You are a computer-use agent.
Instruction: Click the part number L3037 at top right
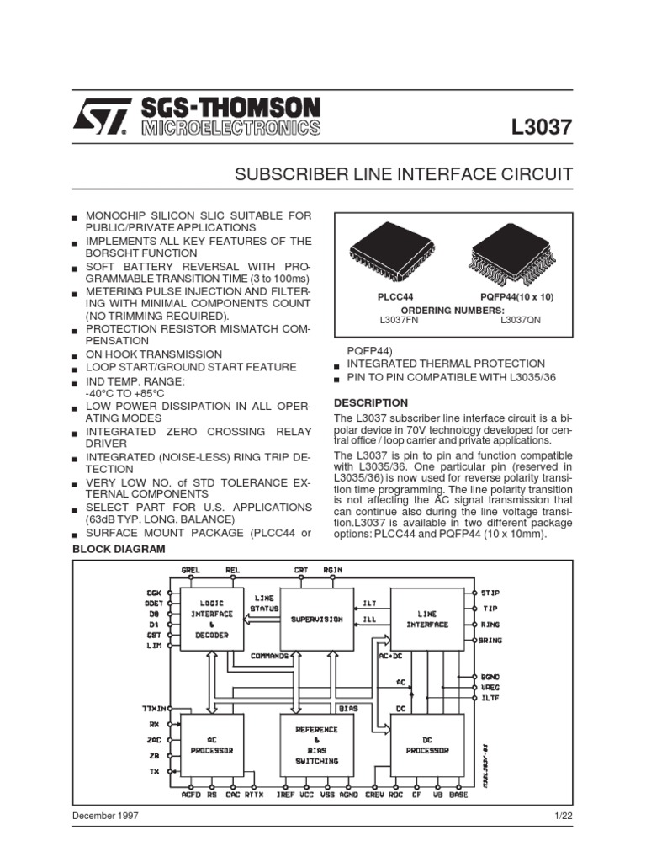(542, 128)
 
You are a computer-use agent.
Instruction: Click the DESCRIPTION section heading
(371, 402)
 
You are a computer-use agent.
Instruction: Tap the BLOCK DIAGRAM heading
(119, 549)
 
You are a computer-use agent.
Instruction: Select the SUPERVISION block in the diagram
(317, 620)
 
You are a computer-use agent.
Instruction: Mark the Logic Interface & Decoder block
(212, 620)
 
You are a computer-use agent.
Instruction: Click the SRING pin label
(491, 641)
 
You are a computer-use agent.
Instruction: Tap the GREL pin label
(193, 570)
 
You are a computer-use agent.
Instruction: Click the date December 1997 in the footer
(106, 816)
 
